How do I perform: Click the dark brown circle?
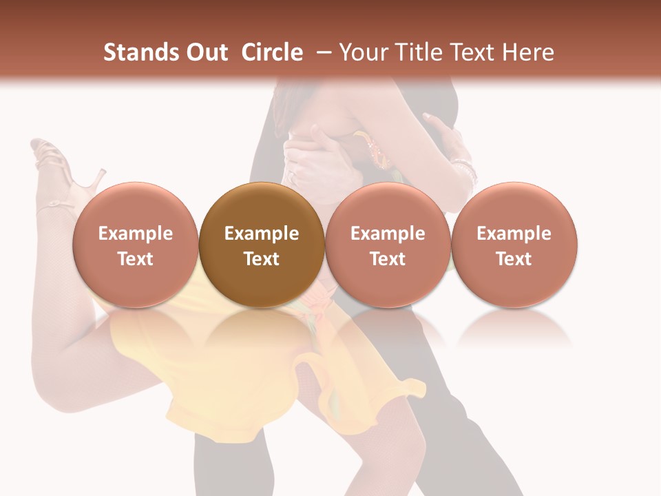click(x=262, y=245)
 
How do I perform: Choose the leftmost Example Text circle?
click(x=136, y=245)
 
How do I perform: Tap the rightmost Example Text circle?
click(x=514, y=245)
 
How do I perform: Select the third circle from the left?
click(x=388, y=245)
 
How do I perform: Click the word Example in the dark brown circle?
click(x=262, y=234)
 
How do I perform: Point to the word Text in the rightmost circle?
click(x=514, y=259)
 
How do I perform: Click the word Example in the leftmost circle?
click(x=136, y=234)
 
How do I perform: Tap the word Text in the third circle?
click(x=388, y=259)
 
